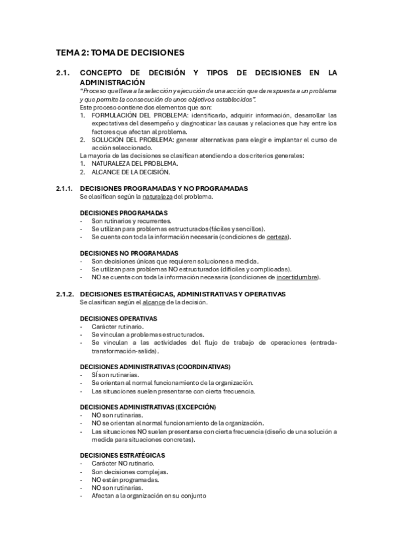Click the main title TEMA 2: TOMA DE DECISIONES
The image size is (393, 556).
120,52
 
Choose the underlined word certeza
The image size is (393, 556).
278,237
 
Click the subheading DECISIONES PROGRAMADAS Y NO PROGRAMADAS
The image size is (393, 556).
163,188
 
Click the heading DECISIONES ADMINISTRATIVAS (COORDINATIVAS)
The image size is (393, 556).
155,367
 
